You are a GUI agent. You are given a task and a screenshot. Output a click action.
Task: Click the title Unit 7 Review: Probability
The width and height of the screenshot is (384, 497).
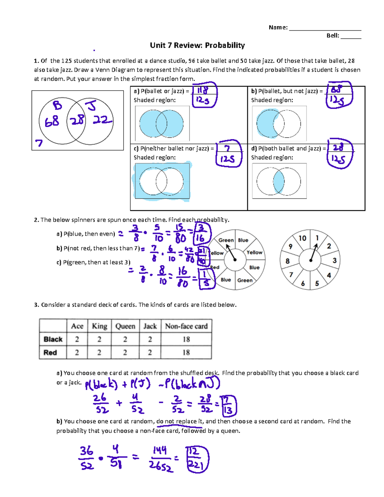pyautogui.click(x=197, y=45)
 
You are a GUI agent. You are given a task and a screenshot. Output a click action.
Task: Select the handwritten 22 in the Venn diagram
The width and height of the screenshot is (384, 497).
pyautogui.click(x=102, y=120)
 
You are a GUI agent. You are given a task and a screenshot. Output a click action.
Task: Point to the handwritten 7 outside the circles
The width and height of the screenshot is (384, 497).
pyautogui.click(x=39, y=143)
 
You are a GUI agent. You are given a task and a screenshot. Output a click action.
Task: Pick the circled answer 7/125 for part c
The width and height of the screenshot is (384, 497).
pyautogui.click(x=228, y=154)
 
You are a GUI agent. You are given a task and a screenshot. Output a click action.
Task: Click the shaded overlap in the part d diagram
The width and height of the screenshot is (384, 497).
pyautogui.click(x=278, y=181)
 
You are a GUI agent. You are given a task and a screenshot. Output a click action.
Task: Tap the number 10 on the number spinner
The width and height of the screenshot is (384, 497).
pyautogui.click(x=302, y=238)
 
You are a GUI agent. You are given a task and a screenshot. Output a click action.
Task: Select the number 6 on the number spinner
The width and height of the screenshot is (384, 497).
pyautogui.click(x=303, y=283)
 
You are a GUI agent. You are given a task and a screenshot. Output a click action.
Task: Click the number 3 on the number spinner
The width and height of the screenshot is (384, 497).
pyautogui.click(x=334, y=261)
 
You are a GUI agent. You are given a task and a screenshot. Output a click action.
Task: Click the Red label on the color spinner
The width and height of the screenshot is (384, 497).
pyautogui.click(x=215, y=267)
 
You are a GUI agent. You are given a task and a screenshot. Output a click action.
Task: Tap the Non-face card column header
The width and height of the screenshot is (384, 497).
pyautogui.click(x=186, y=326)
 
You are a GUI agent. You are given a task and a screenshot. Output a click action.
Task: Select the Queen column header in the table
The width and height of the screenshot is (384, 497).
pyautogui.click(x=125, y=326)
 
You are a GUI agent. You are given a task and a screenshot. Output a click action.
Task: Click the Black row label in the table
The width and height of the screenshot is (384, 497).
pyautogui.click(x=53, y=339)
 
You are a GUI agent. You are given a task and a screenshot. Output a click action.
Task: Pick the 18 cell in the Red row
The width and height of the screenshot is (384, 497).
pyautogui.click(x=186, y=352)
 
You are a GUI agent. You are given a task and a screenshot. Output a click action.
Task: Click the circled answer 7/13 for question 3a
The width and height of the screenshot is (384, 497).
pyautogui.click(x=228, y=405)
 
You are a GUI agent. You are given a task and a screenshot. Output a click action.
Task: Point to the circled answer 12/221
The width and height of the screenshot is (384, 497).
pyautogui.click(x=197, y=459)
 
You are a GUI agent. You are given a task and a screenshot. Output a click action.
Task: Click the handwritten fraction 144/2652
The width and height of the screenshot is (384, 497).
pyautogui.click(x=161, y=459)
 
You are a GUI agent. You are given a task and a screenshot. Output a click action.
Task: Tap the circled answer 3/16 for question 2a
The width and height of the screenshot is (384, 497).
pyautogui.click(x=201, y=233)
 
